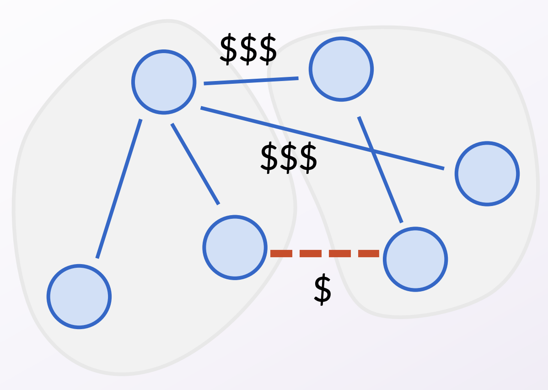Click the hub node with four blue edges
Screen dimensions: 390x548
164,81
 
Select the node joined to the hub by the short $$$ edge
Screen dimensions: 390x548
341,69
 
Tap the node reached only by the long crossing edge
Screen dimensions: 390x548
487,174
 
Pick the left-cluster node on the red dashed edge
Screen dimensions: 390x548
235,247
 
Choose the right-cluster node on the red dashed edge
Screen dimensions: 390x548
415,259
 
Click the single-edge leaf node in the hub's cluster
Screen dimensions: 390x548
79,297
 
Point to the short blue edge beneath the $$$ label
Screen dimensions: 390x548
251,81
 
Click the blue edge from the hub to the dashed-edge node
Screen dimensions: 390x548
195,164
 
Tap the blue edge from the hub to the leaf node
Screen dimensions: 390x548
119,189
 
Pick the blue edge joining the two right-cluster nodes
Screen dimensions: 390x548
380,169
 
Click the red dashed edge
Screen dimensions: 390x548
325,253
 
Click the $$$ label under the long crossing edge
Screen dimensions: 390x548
289,158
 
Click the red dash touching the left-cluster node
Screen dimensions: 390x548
281,253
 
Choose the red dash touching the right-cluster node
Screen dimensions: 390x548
369,253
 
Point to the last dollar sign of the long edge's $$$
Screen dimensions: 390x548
308,158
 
